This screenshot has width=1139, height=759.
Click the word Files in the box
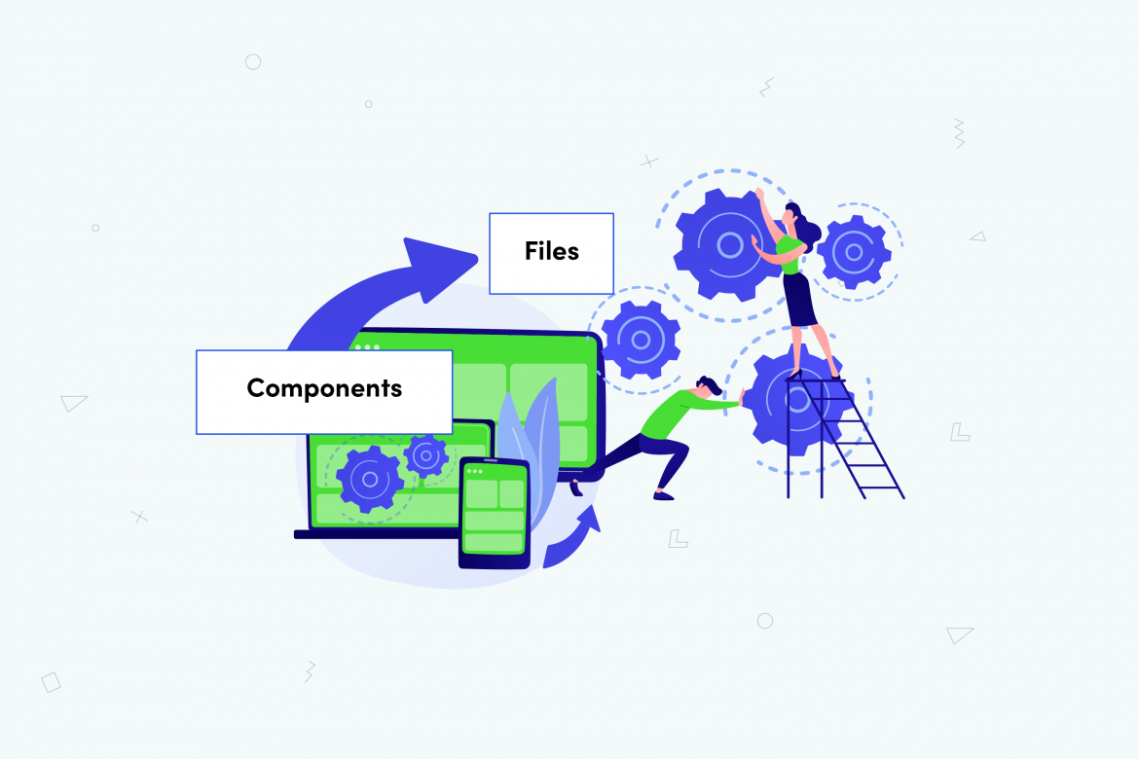point(551,251)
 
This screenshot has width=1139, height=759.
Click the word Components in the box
point(324,388)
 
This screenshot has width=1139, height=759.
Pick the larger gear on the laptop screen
point(369,478)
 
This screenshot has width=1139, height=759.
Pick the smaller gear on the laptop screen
point(425,454)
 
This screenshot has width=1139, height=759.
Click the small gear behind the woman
point(854,252)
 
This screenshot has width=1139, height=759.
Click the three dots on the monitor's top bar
point(367,346)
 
